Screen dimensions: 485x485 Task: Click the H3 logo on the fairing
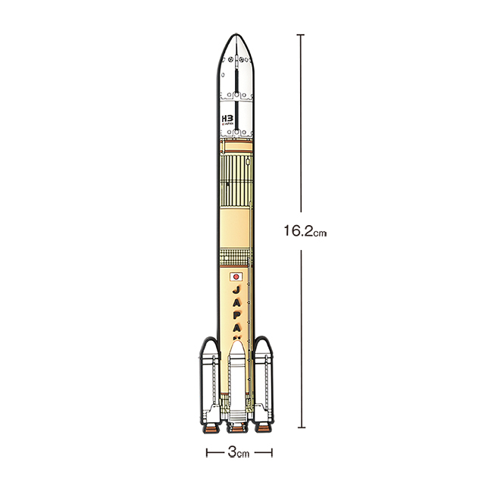pos(226,119)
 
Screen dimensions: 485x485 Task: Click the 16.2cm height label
pos(305,231)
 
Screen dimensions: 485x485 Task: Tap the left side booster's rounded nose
pos(209,348)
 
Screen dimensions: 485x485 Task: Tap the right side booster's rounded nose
pos(263,348)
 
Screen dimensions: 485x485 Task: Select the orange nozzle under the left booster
pos(210,429)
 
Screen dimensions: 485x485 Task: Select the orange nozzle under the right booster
pos(263,429)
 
